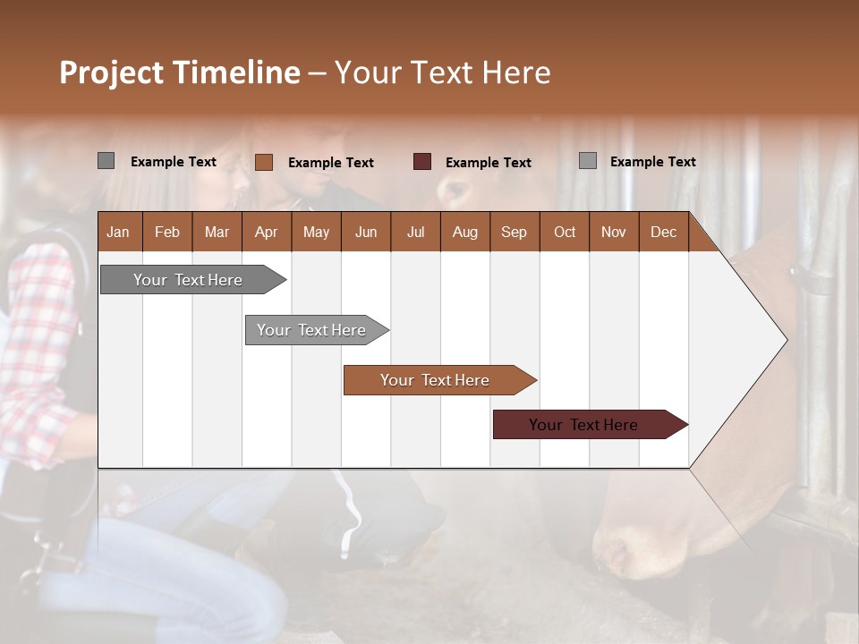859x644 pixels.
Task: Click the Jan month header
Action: point(118,232)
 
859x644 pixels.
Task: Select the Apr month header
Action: point(266,232)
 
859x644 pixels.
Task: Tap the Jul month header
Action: point(415,232)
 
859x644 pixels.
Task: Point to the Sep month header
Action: point(514,232)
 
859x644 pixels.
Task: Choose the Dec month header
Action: point(663,232)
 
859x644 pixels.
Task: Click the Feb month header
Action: point(167,232)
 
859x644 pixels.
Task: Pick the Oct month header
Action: point(565,232)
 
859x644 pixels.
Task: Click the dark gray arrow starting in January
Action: point(188,280)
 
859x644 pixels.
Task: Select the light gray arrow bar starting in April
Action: point(311,330)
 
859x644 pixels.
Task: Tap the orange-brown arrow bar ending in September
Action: point(435,380)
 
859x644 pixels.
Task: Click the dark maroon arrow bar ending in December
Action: point(583,425)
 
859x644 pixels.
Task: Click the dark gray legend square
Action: point(106,161)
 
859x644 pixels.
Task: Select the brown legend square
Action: point(264,162)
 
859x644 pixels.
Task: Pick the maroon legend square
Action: point(422,162)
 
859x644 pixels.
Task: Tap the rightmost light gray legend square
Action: point(588,161)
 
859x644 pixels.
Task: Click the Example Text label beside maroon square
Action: point(488,163)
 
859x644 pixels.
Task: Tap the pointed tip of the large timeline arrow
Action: point(785,340)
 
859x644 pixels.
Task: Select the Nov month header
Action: point(614,232)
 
